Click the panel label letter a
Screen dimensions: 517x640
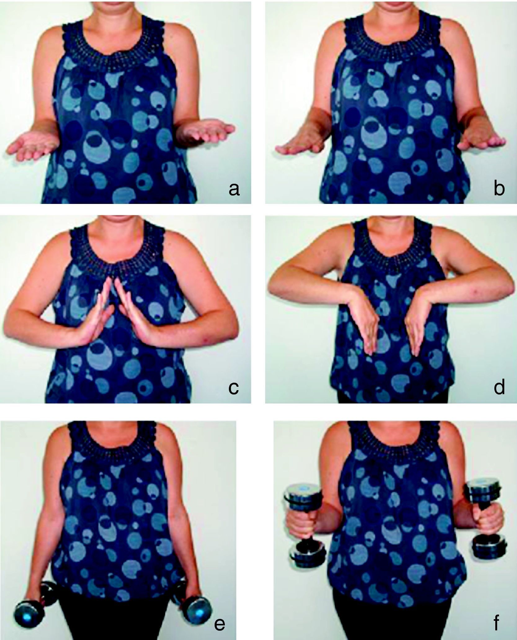point(234,189)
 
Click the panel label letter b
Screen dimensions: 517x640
point(499,188)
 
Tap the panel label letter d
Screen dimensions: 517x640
point(499,386)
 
